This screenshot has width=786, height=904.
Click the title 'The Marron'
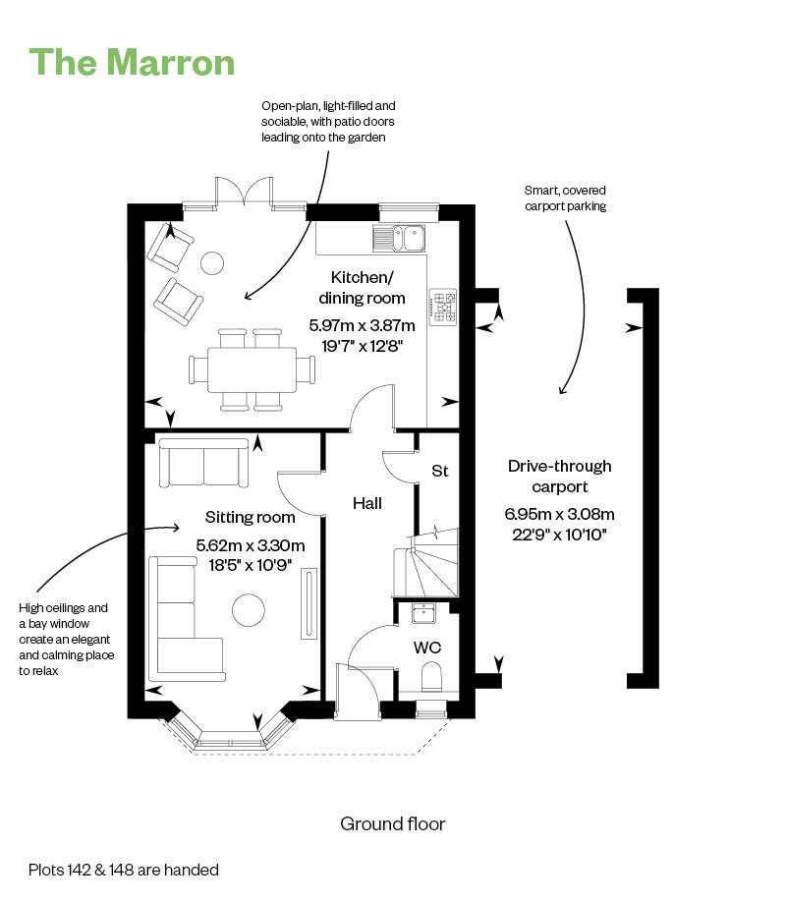tap(133, 61)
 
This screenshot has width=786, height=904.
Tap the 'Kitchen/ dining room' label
tap(362, 288)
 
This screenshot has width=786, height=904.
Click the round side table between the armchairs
tap(212, 262)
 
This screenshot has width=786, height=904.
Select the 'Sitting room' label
tap(251, 517)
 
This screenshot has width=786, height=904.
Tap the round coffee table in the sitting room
tap(249, 610)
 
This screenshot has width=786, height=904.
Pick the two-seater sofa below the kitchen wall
tap(204, 463)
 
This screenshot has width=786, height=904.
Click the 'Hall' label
tap(367, 503)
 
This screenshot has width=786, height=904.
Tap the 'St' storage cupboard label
tap(439, 472)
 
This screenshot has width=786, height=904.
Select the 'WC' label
tap(426, 648)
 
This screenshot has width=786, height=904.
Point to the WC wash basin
tap(424, 614)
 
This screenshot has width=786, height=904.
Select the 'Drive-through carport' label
tap(559, 476)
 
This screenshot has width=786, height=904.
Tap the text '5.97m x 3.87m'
tap(362, 325)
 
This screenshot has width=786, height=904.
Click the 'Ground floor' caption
tap(392, 823)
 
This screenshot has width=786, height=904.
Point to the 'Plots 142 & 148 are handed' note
tap(124, 870)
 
